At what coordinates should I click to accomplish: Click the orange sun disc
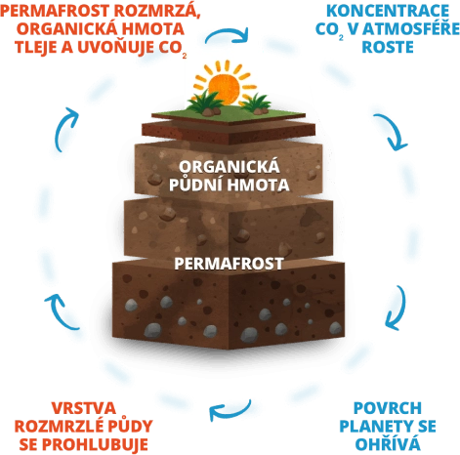[x=224, y=87]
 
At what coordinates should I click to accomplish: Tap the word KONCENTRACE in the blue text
[x=388, y=11]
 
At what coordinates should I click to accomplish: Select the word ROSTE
[x=388, y=47]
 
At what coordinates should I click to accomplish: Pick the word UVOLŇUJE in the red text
[x=115, y=46]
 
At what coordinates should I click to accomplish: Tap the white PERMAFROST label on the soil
[x=229, y=264]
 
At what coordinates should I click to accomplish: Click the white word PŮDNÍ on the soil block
[x=196, y=184]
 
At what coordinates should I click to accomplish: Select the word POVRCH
[x=388, y=408]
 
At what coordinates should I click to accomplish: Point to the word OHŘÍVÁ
[x=388, y=443]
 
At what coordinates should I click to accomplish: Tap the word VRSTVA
[x=84, y=408]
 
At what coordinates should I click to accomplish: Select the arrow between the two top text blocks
[x=228, y=33]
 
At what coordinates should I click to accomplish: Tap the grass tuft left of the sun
[x=203, y=102]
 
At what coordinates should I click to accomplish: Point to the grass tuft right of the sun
[x=256, y=103]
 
